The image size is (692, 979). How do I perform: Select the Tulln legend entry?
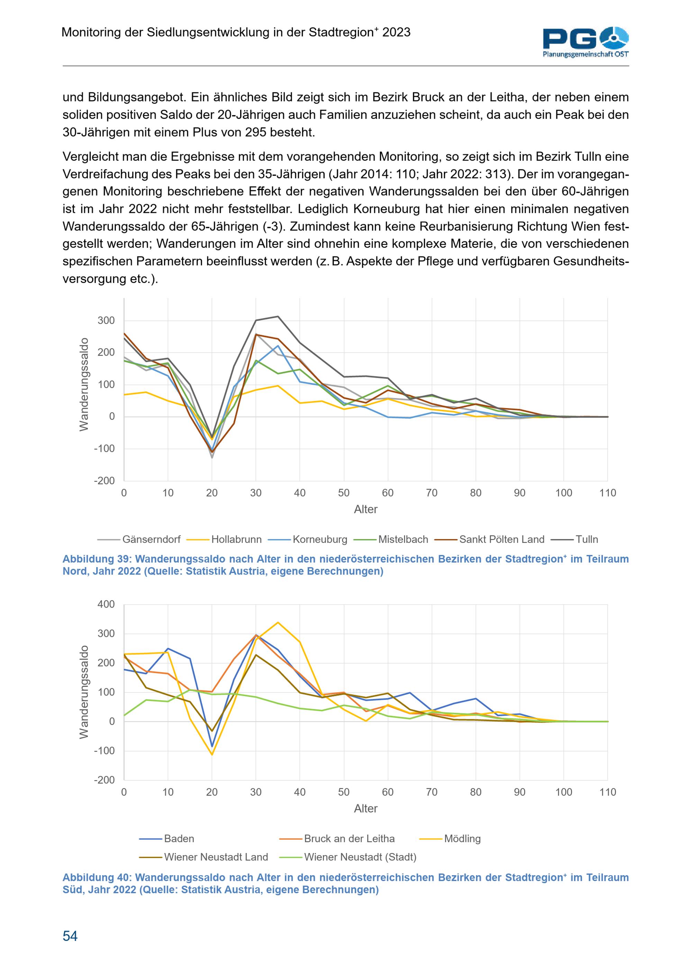574,539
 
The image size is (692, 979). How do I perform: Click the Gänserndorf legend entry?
139,539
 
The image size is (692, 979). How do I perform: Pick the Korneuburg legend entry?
308,539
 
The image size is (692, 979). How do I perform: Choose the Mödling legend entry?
450,839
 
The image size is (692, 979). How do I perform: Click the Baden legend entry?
167,839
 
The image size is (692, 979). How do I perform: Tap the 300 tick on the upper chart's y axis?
106,321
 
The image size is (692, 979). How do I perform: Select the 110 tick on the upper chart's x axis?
608,493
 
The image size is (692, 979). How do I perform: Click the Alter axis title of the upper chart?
366,509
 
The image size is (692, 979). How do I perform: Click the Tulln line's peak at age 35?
278,316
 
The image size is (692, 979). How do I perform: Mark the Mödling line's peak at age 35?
278,622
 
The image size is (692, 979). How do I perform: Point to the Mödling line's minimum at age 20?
212,755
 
